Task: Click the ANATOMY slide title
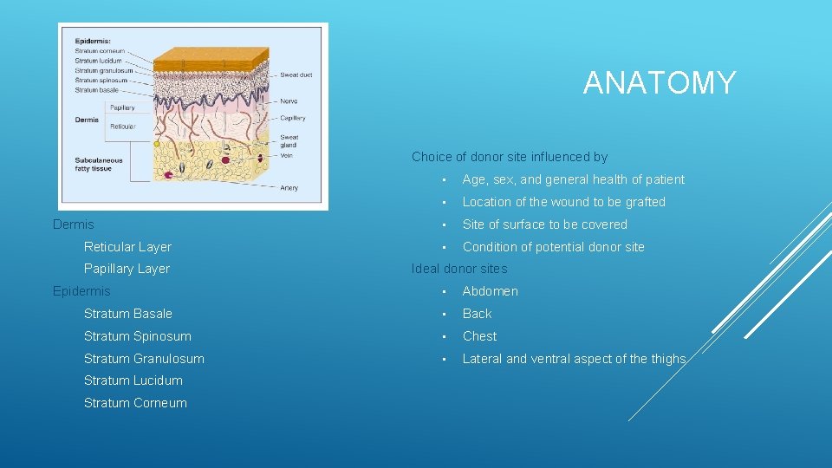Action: pyautogui.click(x=660, y=83)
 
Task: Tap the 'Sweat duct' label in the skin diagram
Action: pyautogui.click(x=296, y=75)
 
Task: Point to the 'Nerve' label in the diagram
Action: pyautogui.click(x=289, y=101)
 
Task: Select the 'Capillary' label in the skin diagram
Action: pyautogui.click(x=292, y=118)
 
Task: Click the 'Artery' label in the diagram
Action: pyautogui.click(x=289, y=187)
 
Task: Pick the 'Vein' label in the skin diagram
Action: pyautogui.click(x=287, y=156)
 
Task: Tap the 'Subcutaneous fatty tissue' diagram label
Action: pyautogui.click(x=98, y=164)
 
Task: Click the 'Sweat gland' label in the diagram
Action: pyautogui.click(x=289, y=141)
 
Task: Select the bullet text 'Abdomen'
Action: pyautogui.click(x=490, y=291)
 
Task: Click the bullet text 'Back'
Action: pyautogui.click(x=477, y=314)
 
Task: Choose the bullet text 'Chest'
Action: pyautogui.click(x=479, y=336)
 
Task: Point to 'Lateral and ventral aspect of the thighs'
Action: pyautogui.click(x=574, y=359)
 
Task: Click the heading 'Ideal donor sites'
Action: pyautogui.click(x=459, y=269)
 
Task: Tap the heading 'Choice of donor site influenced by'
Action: pyautogui.click(x=510, y=157)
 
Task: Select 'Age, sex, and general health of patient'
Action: pyautogui.click(x=573, y=179)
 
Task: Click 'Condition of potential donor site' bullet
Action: pyautogui.click(x=553, y=247)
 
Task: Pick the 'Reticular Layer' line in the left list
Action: pyautogui.click(x=127, y=247)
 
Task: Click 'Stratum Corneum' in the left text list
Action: pyautogui.click(x=135, y=403)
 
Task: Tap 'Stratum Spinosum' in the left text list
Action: pyautogui.click(x=137, y=336)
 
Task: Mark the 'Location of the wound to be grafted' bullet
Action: pyautogui.click(x=563, y=202)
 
